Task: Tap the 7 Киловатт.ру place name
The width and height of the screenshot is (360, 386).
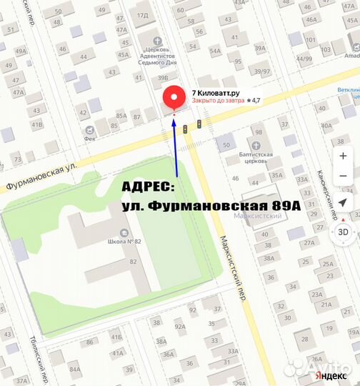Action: pyautogui.click(x=214, y=92)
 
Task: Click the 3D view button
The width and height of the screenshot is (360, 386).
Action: pyautogui.click(x=344, y=232)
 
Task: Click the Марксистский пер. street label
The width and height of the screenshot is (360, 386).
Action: pyautogui.click(x=232, y=268)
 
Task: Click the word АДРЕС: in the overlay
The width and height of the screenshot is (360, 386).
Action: pyautogui.click(x=147, y=187)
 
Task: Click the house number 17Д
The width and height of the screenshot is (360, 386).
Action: pyautogui.click(x=142, y=15)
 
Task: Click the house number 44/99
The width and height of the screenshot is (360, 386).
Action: pyautogui.click(x=304, y=58)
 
